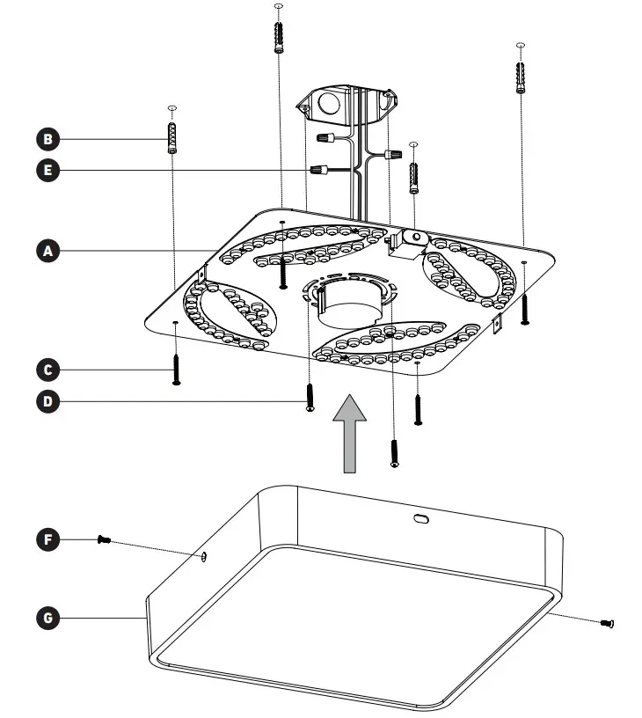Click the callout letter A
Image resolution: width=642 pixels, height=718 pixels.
click(x=48, y=252)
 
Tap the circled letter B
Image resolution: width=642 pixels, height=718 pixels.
click(x=48, y=138)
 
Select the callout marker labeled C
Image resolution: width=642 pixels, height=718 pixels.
click(x=48, y=368)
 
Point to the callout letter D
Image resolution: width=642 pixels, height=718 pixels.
click(x=48, y=402)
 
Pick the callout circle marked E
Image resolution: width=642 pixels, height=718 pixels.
click(x=48, y=169)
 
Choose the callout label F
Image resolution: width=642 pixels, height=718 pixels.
click(x=48, y=538)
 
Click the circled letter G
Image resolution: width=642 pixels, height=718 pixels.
click(x=48, y=619)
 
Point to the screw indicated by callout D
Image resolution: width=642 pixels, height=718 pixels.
click(x=310, y=397)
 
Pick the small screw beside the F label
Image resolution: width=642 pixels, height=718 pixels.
click(x=103, y=539)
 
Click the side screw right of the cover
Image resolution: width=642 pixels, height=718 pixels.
click(x=606, y=624)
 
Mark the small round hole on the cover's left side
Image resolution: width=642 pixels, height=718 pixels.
click(x=204, y=555)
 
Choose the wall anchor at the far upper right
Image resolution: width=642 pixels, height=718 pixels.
click(x=522, y=77)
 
